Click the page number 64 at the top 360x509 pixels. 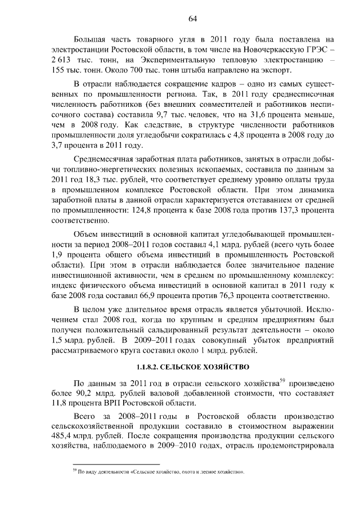(192, 19)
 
